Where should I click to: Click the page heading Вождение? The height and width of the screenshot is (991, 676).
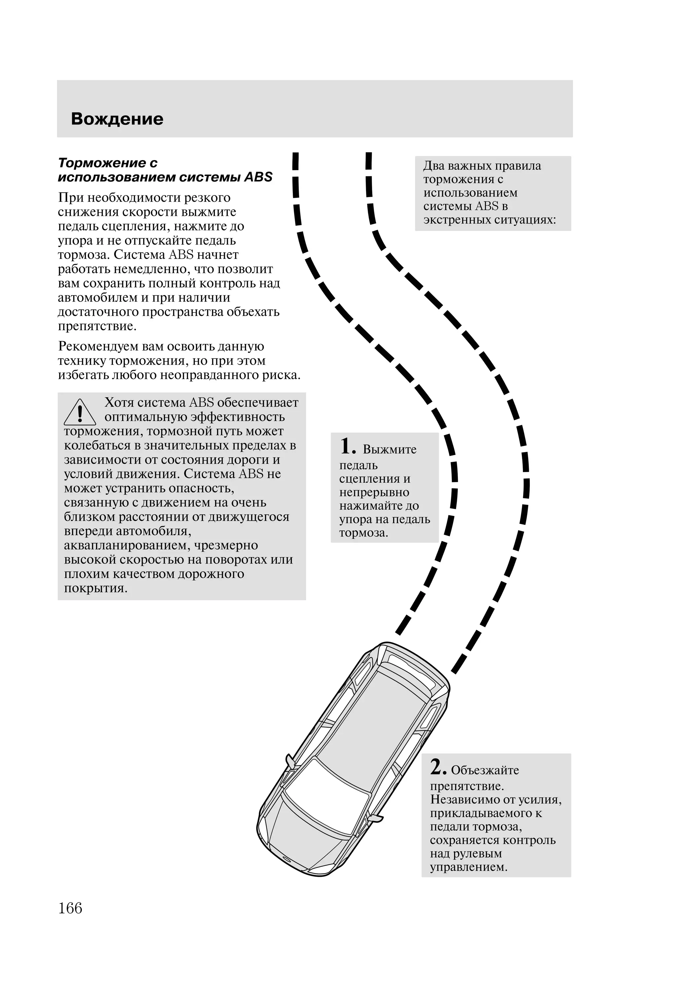117,119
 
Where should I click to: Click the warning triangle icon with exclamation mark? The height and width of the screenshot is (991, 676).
80,413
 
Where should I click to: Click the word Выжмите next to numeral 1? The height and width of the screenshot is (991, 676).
389,449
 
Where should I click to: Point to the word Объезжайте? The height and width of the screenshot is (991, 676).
485,770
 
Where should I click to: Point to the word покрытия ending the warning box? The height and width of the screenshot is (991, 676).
95,589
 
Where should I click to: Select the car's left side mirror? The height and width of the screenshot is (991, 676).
289,759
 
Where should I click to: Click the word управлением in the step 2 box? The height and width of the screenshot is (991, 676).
469,867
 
